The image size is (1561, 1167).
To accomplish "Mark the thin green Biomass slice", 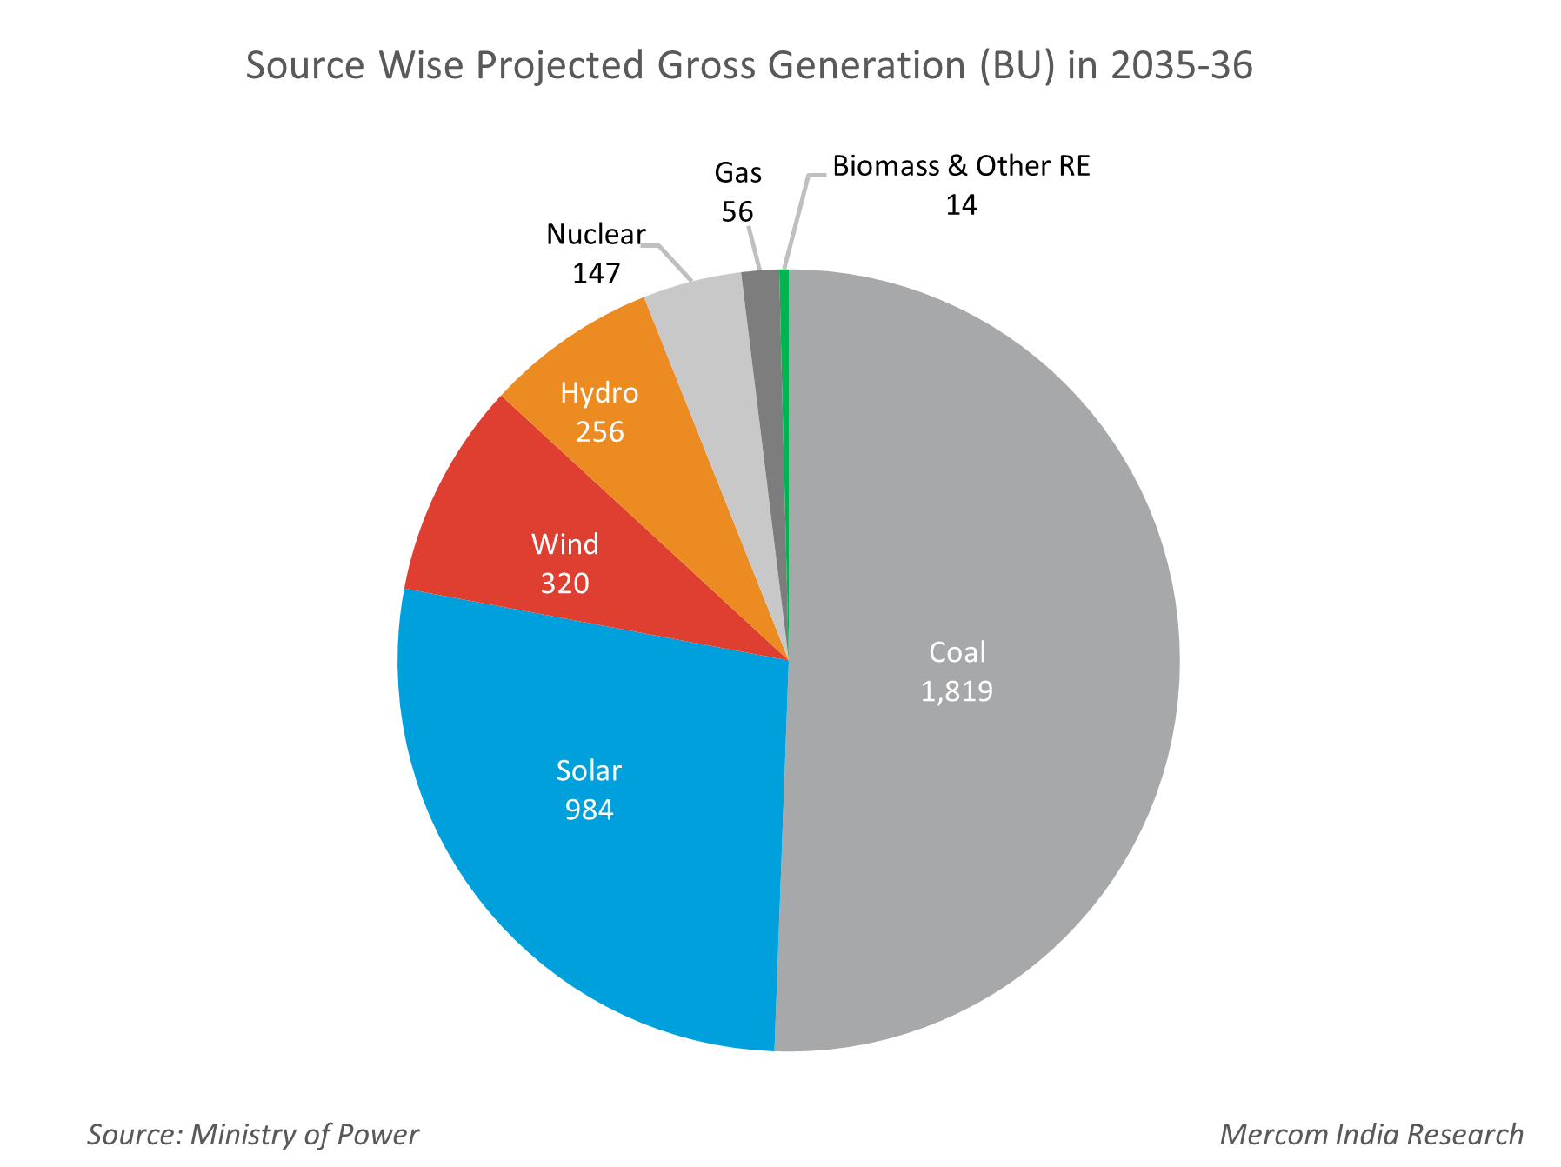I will pos(784,348).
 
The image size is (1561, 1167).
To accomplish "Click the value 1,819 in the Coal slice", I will pos(957,691).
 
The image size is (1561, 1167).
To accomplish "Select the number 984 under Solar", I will pos(589,810).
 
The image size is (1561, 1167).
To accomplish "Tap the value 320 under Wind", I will pos(564,583).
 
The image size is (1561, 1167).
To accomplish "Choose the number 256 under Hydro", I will pos(599,431).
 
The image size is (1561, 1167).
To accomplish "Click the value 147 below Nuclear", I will pos(596,273).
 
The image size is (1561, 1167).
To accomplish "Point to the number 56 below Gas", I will pos(737,211).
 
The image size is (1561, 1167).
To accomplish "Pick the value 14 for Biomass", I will pos(961,205).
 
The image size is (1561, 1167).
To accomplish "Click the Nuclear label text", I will pos(596,234).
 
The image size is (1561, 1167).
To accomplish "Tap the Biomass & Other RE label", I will pos(961,166).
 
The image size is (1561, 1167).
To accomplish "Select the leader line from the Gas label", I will pos(755,248).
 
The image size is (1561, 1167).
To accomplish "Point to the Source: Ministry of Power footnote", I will pos(253,1134).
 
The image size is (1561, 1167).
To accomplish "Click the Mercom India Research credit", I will pos(1371,1134).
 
